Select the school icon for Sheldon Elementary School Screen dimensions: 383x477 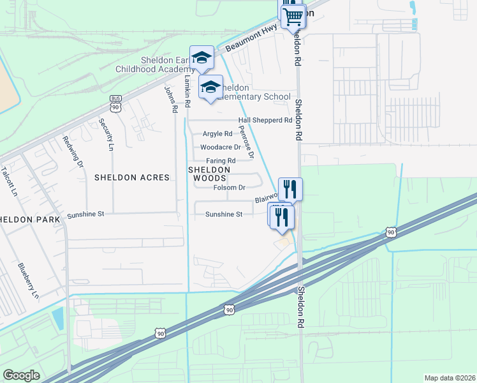point(210,87)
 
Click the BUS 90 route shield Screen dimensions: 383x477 point(115,103)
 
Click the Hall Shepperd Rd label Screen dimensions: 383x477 point(265,120)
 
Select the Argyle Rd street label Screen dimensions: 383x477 point(217,134)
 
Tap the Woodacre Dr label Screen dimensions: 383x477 point(220,147)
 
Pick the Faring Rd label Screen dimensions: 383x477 point(221,161)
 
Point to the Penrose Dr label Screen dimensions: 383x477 point(246,142)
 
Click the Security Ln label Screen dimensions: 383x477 point(106,135)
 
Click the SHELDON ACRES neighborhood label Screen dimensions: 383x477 point(132,177)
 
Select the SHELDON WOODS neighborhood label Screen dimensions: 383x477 point(209,174)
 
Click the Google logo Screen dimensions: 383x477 point(21,375)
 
